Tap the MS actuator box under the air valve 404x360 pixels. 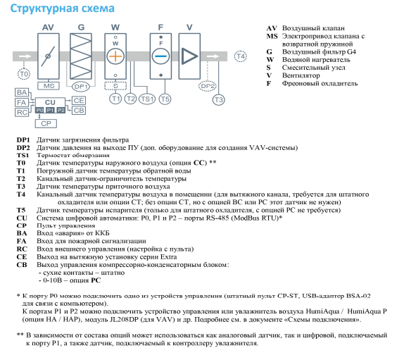click(x=49, y=86)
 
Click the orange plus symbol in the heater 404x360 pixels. click(x=115, y=56)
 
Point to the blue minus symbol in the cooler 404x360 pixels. click(x=160, y=56)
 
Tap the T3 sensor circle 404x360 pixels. click(x=218, y=99)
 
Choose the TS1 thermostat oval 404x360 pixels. click(x=147, y=99)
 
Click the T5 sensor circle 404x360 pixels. click(x=165, y=99)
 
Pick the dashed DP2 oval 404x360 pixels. click(x=208, y=86)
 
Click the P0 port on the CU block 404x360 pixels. click(x=39, y=110)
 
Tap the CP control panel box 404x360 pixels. click(x=46, y=123)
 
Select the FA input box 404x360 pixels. click(x=22, y=102)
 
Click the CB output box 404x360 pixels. click(x=79, y=111)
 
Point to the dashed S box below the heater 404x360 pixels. click(x=115, y=86)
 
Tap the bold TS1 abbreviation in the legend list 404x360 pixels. click(x=23, y=155)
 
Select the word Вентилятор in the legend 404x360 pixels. click(x=301, y=75)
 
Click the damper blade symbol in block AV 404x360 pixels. click(x=48, y=56)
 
